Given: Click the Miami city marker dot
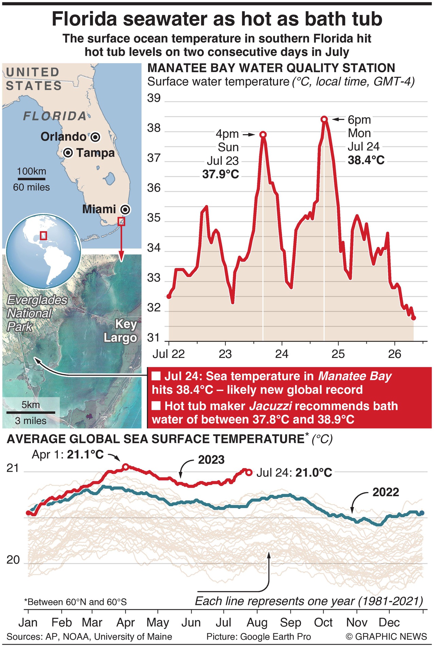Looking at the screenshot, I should pyautogui.click(x=126, y=210).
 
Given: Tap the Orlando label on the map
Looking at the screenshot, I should pyautogui.click(x=64, y=137).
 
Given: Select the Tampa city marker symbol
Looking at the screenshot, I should pyautogui.click(x=68, y=153).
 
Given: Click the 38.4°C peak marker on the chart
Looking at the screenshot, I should pyautogui.click(x=324, y=119).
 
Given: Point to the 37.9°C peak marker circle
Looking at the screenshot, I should pyautogui.click(x=263, y=134).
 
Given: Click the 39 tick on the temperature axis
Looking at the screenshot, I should pyautogui.click(x=154, y=98).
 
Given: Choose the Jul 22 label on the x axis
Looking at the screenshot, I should pyautogui.click(x=168, y=354).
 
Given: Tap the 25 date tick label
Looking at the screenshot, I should pyautogui.click(x=338, y=354).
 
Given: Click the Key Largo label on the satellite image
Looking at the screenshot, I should pyautogui.click(x=121, y=331).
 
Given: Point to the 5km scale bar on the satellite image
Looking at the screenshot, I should pyautogui.click(x=30, y=412).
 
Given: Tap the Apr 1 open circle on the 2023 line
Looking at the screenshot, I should pyautogui.click(x=125, y=467).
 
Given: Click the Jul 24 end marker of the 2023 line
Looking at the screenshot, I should pyautogui.click(x=249, y=472).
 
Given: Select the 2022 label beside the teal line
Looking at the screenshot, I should pyautogui.click(x=385, y=492).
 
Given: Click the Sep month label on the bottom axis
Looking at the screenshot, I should pyautogui.click(x=290, y=623).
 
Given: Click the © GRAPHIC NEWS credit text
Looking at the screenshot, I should pyautogui.click(x=386, y=636).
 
